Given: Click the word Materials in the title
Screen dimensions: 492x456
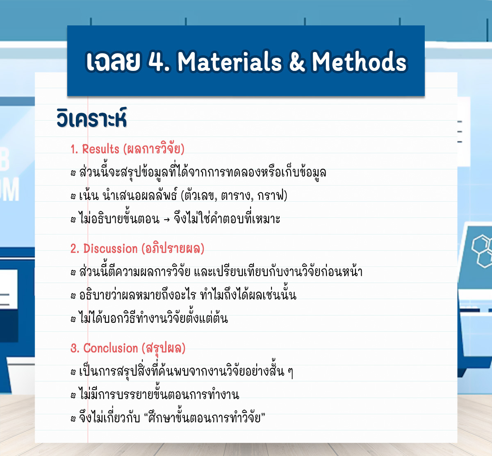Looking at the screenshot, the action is (x=230, y=62).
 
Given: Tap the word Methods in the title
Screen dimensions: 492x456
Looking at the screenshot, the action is (x=360, y=62).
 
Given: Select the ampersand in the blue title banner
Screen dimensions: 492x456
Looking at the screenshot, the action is (x=297, y=62).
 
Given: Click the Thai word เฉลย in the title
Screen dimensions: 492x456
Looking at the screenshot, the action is (x=114, y=62).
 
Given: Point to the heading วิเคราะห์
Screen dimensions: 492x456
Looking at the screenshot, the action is (x=92, y=118).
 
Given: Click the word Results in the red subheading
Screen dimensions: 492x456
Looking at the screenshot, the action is (x=100, y=149).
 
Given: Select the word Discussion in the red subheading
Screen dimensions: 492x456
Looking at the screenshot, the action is (x=110, y=249).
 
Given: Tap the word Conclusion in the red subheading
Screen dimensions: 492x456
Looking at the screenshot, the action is (x=110, y=348).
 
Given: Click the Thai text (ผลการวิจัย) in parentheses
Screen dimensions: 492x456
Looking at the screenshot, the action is (x=154, y=149).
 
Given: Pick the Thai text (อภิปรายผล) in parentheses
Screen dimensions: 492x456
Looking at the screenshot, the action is (x=173, y=249).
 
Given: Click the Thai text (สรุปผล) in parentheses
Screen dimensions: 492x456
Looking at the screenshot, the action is (x=164, y=349).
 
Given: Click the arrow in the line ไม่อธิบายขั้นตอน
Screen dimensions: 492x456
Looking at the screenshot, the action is (x=167, y=220).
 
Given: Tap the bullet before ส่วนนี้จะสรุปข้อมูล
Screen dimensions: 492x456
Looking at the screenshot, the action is (x=73, y=173).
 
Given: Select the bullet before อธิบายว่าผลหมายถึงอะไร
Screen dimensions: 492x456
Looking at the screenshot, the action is (x=73, y=295).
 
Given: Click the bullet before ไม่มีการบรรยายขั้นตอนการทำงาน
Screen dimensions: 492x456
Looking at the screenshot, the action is (x=73, y=395).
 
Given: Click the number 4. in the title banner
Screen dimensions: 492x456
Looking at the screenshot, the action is (x=159, y=62).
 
